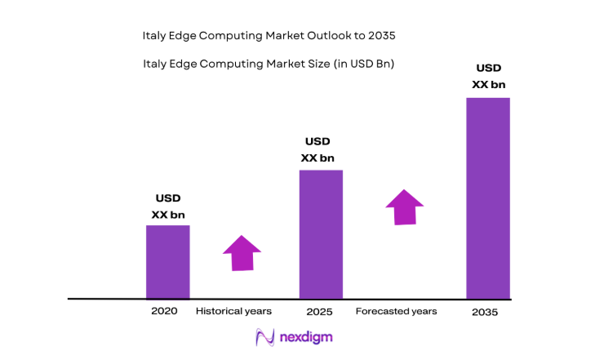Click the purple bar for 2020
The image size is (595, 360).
167,261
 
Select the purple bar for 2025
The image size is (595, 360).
321,234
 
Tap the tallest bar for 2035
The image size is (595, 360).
487,198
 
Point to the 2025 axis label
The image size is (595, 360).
319,311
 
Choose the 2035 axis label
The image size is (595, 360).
485,312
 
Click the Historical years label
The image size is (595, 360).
233,311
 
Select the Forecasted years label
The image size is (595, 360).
396,311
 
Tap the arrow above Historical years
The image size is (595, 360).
242,253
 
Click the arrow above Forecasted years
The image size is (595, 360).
405,207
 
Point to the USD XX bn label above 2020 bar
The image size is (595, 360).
168,207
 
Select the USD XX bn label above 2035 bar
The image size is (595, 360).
488,76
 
